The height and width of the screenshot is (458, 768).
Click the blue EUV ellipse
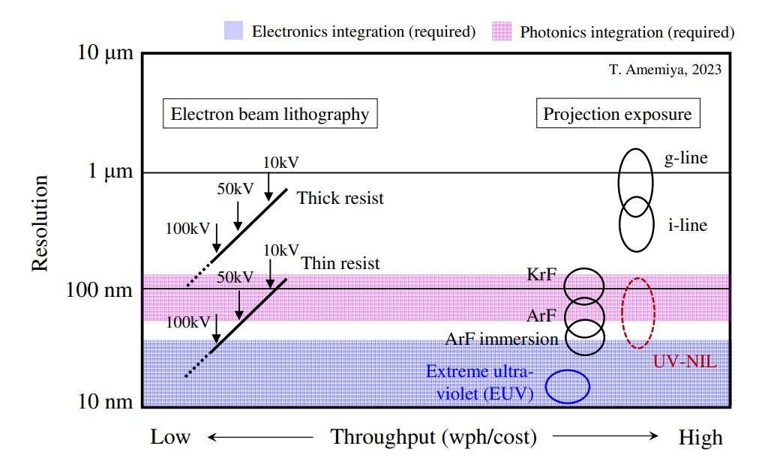coord(567,387)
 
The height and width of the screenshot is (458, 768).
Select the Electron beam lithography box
coord(270,114)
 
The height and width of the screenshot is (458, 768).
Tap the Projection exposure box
coord(617,114)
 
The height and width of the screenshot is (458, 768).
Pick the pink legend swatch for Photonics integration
coord(501,31)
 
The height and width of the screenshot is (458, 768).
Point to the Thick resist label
coord(340,199)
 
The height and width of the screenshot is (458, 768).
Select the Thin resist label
coord(340,264)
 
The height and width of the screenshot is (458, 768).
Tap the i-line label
coord(686,223)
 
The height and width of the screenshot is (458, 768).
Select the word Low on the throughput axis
coord(170,437)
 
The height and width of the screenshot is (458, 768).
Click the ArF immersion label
coord(502,340)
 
